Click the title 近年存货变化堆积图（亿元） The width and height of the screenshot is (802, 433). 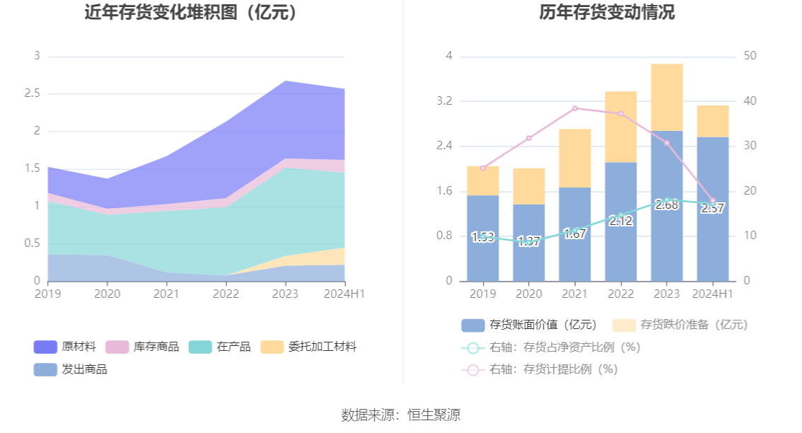(x=191, y=13)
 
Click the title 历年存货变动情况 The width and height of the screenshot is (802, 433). (x=607, y=13)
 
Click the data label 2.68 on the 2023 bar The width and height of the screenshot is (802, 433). (x=667, y=205)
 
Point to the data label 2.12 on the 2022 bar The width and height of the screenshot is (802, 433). (x=621, y=221)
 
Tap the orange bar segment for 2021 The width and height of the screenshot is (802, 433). (x=575, y=158)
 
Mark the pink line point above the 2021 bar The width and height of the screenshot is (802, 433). (x=575, y=108)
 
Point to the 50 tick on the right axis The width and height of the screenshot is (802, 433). (x=750, y=56)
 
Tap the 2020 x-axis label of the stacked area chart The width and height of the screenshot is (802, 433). (x=107, y=293)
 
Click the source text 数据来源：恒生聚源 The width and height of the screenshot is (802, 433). (x=401, y=415)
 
